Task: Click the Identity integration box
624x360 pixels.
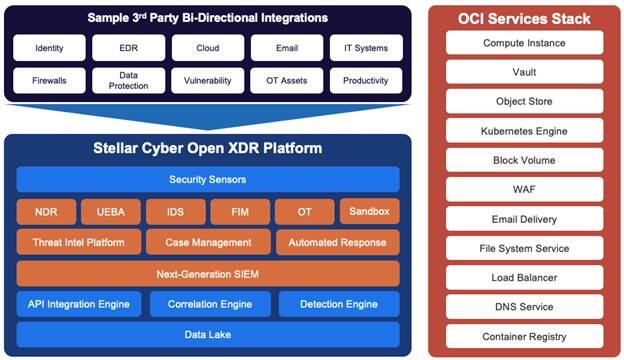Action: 49,48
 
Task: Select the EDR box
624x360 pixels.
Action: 128,48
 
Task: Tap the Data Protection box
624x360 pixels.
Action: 128,80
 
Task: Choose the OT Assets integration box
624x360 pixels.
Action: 286,80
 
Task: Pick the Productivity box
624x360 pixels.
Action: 365,80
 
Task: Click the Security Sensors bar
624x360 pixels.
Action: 208,179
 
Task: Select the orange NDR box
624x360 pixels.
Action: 45,211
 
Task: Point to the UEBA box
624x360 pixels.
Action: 110,211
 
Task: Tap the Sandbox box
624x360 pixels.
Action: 369,211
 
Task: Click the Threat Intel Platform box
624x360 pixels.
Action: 77,242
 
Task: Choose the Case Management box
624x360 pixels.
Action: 207,242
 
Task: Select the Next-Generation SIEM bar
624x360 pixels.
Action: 208,273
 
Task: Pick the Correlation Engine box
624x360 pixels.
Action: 208,303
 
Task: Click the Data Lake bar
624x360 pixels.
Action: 208,334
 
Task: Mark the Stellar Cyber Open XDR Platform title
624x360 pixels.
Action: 208,150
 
